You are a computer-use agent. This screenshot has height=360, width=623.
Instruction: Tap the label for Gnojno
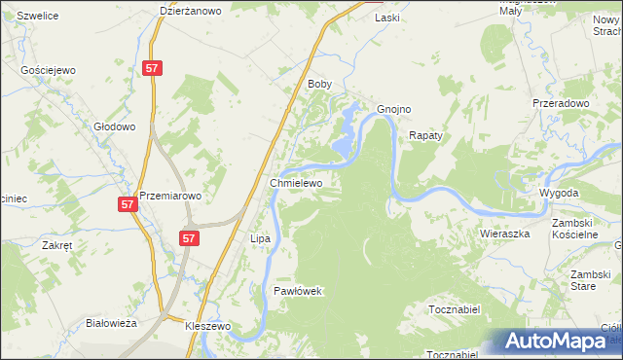tap(394, 109)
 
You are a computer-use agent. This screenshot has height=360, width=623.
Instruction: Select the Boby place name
tap(320, 85)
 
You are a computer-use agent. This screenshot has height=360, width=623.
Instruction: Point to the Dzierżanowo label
tap(191, 12)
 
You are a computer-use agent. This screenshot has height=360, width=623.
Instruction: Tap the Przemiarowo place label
tap(170, 196)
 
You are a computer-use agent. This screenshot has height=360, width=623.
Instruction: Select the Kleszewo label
tap(207, 327)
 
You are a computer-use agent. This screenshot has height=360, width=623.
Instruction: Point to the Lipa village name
tap(260, 238)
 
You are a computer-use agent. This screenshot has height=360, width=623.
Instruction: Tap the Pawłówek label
tap(297, 291)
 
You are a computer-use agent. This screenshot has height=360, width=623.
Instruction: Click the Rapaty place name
tap(426, 136)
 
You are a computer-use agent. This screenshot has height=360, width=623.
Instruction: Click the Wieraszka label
tap(504, 234)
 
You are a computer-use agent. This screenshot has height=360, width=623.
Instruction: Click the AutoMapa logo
tap(557, 342)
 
